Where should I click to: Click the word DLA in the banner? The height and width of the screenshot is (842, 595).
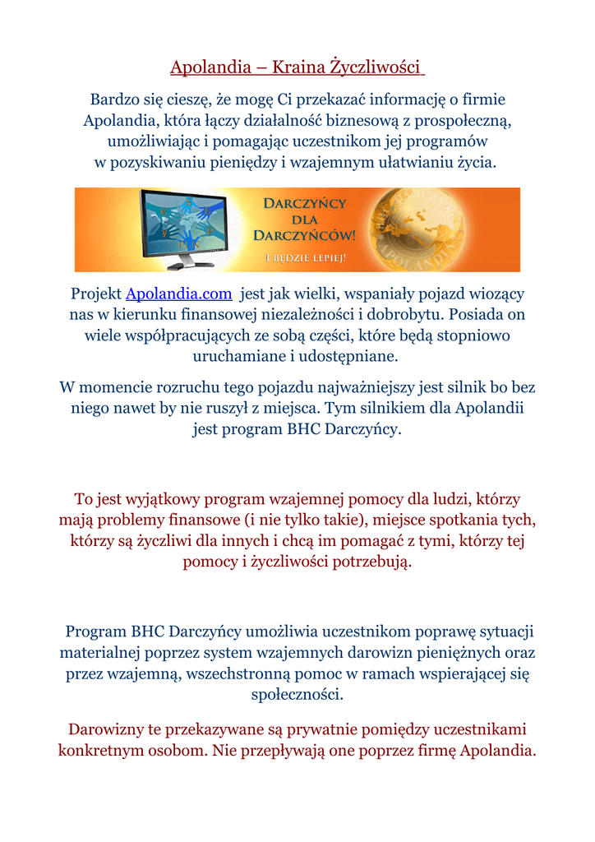(x=305, y=219)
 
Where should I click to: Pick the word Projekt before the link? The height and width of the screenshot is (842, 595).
(x=95, y=294)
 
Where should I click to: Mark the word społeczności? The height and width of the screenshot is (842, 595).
(x=297, y=694)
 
